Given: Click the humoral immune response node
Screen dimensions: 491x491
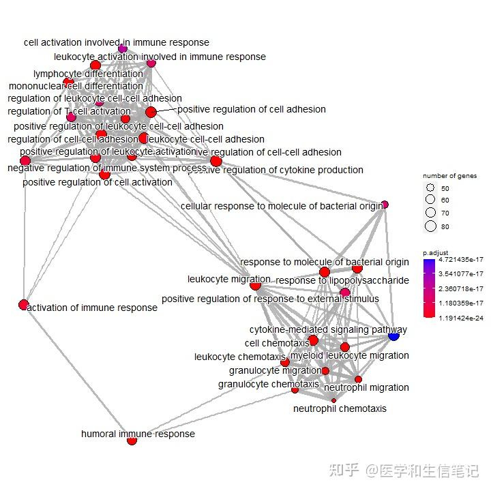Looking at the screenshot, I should tap(132, 441).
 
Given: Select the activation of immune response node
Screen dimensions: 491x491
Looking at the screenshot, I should tap(23, 304).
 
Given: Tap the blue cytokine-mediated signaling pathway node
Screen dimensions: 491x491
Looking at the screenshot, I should tap(393, 336).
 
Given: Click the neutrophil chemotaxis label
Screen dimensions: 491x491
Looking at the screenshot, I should tap(340, 408).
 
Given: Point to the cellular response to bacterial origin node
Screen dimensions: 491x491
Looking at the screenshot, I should tap(385, 205).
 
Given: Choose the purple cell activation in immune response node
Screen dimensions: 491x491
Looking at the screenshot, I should tap(123, 48).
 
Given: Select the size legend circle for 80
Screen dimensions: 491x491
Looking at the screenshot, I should tap(430, 226).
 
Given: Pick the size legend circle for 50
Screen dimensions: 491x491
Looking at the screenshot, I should tap(430, 188).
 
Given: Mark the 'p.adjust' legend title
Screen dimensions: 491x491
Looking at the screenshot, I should tap(434, 252).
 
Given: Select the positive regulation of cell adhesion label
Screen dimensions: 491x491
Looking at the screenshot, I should tap(251, 109).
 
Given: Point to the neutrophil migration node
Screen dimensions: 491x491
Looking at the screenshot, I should tap(358, 379).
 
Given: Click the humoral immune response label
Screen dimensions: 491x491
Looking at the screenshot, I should tap(138, 434).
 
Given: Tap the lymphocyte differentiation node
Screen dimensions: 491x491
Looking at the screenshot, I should tap(95, 65).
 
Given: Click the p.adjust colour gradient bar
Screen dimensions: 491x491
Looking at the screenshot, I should tap(428, 288).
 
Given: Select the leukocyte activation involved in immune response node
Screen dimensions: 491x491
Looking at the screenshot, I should tap(151, 63).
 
